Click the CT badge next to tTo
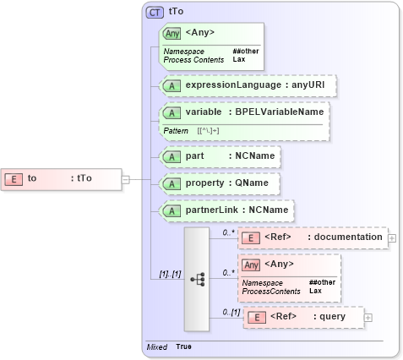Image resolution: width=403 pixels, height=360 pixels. pos(155,13)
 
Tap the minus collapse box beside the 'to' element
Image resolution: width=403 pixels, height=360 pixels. pos(125,178)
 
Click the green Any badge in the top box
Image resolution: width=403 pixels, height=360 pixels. pos(172,33)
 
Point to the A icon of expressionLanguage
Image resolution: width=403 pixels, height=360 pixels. pos(172,86)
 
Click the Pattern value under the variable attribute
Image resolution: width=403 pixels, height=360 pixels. pos(210,131)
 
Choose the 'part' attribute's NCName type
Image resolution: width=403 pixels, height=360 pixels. pos(253,156)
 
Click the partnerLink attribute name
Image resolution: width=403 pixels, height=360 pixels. pos(211,210)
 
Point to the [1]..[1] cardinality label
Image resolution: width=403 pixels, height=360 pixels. pos(171,274)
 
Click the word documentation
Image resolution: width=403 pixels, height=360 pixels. pos(348,237)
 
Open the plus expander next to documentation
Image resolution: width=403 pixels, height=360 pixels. pos(392,238)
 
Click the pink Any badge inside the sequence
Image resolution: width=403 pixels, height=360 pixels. pos(251,265)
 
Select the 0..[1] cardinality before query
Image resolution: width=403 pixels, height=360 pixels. pos(231,312)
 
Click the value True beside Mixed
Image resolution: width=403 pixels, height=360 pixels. pos(184,347)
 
